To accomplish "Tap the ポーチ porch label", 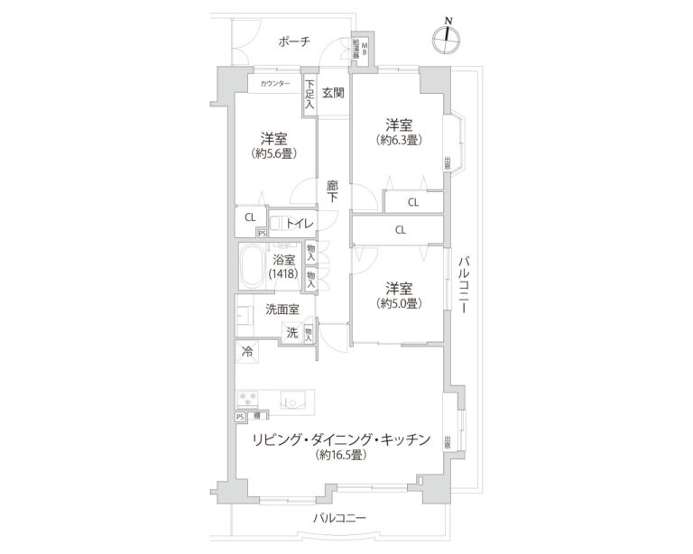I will coord(294,42).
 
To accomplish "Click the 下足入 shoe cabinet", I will coord(310,95).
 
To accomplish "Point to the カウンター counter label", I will coord(274,84).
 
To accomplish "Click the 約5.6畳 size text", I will coord(275,153).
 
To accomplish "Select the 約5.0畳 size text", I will coord(400,303).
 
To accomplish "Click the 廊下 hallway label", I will coord(332,190).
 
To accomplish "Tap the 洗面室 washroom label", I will coord(282,309).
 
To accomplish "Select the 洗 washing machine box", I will coord(291,331).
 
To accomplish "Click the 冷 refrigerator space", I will coord(245,352).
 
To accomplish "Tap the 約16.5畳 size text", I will coord(340,456).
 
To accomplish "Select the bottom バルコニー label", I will coord(339,518).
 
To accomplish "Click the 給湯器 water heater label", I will coord(357,49).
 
